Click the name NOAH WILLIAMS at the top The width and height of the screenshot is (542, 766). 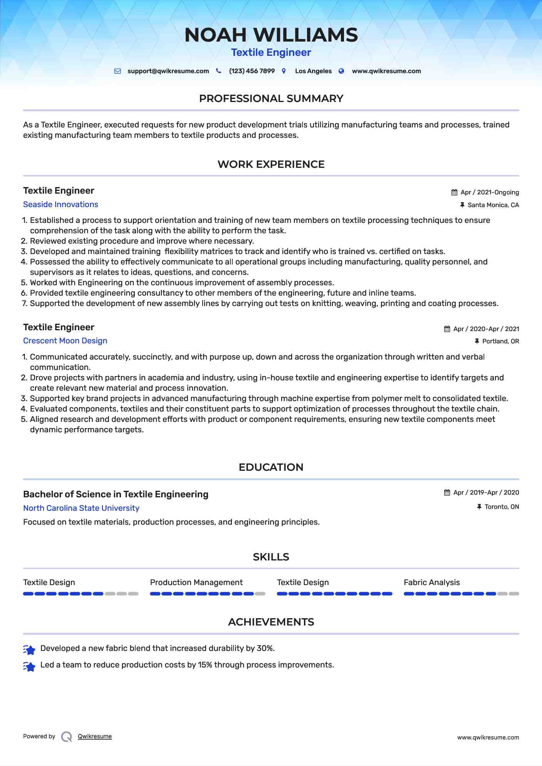point(271,35)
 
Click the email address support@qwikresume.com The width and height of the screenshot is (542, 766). point(168,71)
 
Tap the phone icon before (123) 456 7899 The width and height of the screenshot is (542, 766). point(218,71)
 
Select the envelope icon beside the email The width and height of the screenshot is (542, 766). point(117,71)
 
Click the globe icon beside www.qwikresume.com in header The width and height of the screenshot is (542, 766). point(341,71)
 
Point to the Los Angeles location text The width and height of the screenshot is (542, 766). point(313,71)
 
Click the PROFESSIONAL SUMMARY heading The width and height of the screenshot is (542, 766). point(271,99)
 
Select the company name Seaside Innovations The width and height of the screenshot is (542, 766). point(60,204)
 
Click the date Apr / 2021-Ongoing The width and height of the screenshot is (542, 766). point(490,192)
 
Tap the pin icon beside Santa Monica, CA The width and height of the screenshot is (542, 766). point(462,205)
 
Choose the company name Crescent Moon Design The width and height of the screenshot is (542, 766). point(65,341)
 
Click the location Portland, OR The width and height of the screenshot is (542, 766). point(500,341)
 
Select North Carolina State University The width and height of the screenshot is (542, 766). point(81,508)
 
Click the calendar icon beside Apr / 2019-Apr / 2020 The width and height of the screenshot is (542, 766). point(447,493)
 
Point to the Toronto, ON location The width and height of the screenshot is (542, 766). point(502,507)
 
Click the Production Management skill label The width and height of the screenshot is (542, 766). point(196,582)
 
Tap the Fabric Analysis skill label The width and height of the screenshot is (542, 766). point(431,582)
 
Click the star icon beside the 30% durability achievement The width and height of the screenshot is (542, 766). point(29,650)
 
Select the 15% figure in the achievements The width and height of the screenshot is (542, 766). point(205,665)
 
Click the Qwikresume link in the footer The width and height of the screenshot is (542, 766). point(95,736)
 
